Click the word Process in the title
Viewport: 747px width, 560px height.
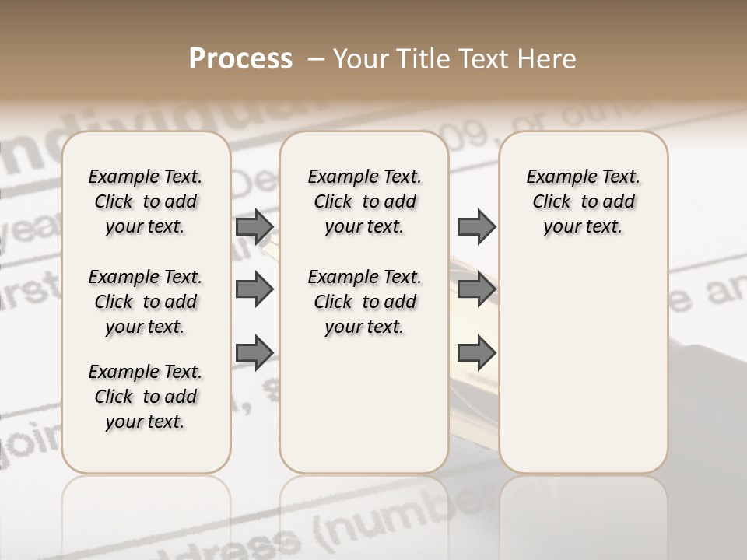point(240,59)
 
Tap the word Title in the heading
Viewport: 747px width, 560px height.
point(420,59)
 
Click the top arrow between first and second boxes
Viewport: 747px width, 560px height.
point(254,226)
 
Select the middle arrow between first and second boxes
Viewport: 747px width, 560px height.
point(254,290)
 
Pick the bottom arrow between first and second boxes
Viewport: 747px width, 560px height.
point(254,352)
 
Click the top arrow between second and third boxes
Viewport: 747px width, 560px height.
point(476,226)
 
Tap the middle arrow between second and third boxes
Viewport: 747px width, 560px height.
point(476,290)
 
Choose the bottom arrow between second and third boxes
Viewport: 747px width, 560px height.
point(476,352)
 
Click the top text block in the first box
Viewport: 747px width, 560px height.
point(146,201)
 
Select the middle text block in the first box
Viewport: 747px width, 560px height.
point(146,302)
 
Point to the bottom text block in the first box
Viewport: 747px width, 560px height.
point(146,397)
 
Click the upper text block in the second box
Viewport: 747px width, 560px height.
point(364,201)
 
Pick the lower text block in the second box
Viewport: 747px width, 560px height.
point(364,302)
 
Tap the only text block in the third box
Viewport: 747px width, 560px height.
point(583,201)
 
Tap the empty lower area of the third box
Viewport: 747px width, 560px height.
point(583,373)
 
